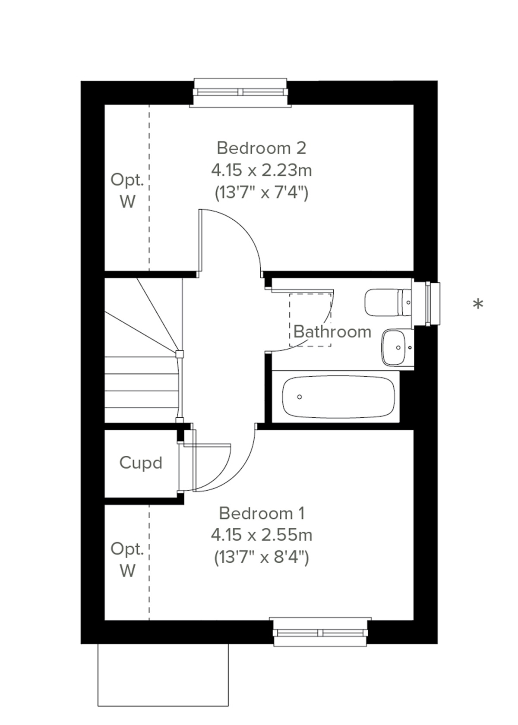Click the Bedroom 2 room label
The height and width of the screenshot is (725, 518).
click(261, 148)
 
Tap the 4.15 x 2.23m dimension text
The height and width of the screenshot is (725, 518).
click(261, 170)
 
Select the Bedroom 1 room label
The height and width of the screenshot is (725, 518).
click(262, 513)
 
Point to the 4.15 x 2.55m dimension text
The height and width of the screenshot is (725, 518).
click(261, 535)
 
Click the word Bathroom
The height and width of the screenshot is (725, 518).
click(332, 332)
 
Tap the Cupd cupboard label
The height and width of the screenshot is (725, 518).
click(141, 463)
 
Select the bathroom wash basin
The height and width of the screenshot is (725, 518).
click(395, 347)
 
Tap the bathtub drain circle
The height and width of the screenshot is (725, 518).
click(300, 397)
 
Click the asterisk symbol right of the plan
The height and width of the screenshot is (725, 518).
click(477, 305)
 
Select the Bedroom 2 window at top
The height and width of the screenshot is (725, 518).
click(240, 92)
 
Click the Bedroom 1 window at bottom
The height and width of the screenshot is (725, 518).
click(320, 633)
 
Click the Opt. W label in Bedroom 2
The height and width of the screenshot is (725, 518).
click(127, 190)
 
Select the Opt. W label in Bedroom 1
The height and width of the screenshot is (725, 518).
click(127, 559)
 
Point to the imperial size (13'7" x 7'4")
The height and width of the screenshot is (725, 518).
click(261, 192)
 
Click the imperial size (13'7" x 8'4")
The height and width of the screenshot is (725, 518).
click(261, 557)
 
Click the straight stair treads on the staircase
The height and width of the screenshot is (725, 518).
click(141, 391)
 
